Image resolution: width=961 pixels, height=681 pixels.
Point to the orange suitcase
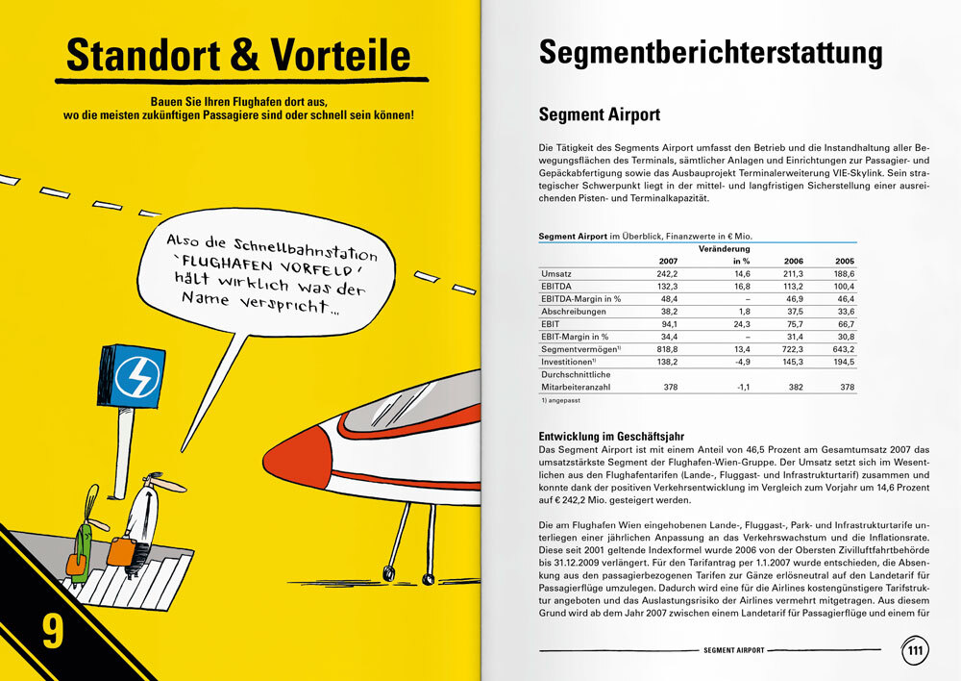click(121, 551)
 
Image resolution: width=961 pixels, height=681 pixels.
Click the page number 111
click(915, 650)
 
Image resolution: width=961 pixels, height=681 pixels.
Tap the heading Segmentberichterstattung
click(710, 53)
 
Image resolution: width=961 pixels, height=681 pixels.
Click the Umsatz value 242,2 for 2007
click(667, 274)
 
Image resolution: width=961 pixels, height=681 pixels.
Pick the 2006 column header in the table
click(794, 262)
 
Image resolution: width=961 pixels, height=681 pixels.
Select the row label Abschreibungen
click(573, 312)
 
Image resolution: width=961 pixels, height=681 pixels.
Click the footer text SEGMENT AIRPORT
click(734, 650)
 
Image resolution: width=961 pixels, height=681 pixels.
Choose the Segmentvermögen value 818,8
click(666, 349)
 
